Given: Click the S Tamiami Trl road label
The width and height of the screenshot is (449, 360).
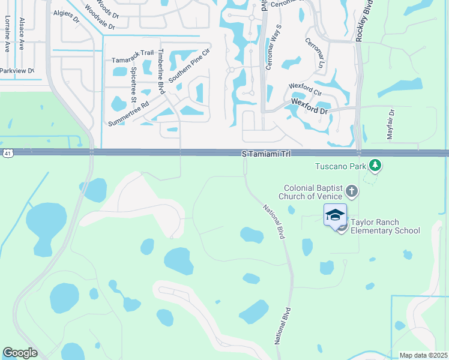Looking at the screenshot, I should click(x=266, y=154).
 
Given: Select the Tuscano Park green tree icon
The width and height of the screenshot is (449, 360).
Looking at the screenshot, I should click(x=375, y=164).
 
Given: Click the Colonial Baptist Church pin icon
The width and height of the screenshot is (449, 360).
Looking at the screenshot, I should click(x=352, y=192).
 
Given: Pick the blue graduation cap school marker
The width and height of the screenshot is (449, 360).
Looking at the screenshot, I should click(x=335, y=215).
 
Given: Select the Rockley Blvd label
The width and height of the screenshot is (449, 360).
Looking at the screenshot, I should click(x=360, y=21).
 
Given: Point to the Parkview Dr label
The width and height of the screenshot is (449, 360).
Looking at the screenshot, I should click(x=17, y=71).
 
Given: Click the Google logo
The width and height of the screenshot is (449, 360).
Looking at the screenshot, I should click(x=20, y=353).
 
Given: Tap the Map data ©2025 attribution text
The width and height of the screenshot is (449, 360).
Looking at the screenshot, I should click(x=422, y=355).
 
